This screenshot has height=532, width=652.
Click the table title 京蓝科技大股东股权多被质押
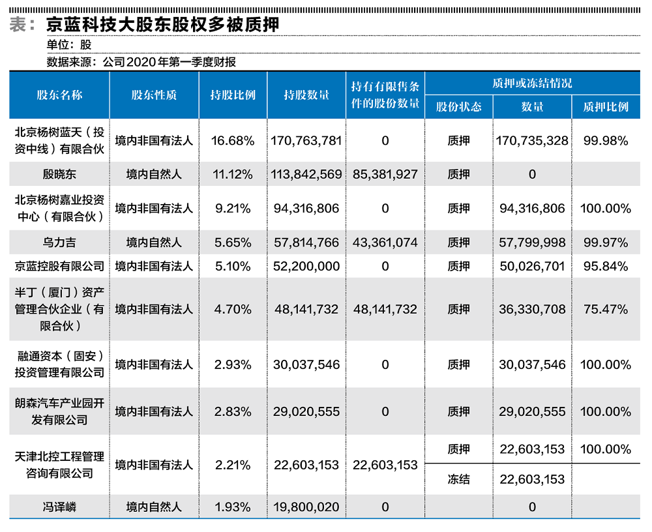pos(163,24)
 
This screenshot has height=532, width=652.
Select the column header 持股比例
pos(233,95)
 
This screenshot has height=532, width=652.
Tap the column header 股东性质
pos(154,95)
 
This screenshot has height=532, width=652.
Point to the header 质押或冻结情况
pos(532,83)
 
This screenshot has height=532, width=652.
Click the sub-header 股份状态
pos(458,107)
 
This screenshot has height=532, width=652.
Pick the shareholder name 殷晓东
pos(59,174)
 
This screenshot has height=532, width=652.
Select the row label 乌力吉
pos(59,243)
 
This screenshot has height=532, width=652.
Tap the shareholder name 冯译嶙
pos(59,507)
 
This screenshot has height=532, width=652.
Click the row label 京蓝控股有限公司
pos(59,266)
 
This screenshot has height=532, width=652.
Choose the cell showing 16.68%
pos(233,140)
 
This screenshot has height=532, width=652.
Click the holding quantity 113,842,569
pos(306,174)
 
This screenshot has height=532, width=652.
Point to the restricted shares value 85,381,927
pos(385,174)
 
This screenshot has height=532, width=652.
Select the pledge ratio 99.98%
pos(606,140)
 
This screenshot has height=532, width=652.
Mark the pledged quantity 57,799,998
pos(532,243)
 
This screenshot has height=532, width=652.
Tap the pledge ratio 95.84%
pos(606,266)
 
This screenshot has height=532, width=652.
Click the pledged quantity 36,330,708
pos(532,309)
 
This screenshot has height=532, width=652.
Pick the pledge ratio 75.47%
pos(606,309)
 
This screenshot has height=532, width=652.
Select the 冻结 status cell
pos(458,479)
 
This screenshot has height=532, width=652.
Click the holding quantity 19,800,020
pos(306,507)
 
